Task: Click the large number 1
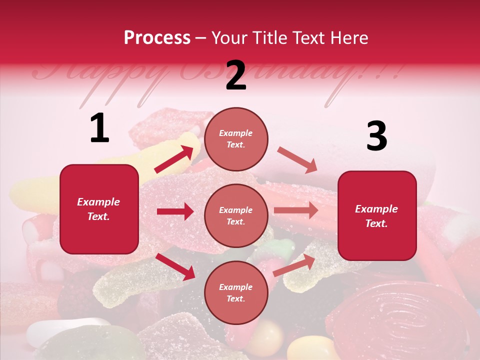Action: (99, 128)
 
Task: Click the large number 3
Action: (376, 136)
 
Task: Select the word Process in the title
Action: (157, 37)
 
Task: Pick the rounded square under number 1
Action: (99, 209)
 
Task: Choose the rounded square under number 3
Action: (377, 215)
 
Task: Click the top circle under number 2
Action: (236, 139)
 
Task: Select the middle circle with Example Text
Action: (236, 215)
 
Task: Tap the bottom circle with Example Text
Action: (236, 292)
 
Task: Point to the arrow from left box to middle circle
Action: (175, 211)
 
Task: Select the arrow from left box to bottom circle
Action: (175, 266)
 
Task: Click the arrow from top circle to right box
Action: (297, 160)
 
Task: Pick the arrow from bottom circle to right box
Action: (294, 265)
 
